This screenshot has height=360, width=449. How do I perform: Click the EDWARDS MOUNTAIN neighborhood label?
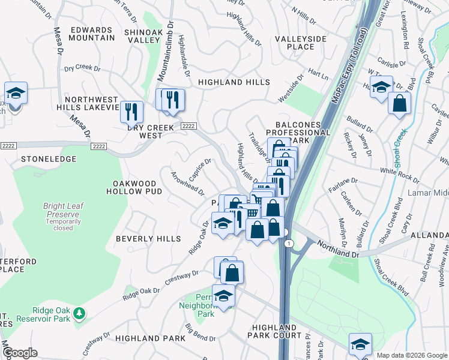click(x=92, y=34)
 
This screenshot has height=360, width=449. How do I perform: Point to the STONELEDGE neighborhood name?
click(x=49, y=159)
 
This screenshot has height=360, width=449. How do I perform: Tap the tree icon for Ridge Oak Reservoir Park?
click(x=78, y=313)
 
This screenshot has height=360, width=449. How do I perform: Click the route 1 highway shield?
click(x=289, y=243)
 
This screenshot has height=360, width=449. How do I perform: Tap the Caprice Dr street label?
click(x=200, y=170)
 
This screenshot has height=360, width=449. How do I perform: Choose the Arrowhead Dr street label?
click(x=188, y=182)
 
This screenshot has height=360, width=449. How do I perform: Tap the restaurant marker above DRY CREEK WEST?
click(x=131, y=112)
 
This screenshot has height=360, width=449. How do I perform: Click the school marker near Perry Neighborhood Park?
click(x=223, y=296)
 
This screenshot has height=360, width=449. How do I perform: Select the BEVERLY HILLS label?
click(x=148, y=239)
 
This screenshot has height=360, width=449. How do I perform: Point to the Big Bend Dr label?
click(x=196, y=333)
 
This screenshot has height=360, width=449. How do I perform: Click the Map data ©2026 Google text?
click(x=412, y=355)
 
